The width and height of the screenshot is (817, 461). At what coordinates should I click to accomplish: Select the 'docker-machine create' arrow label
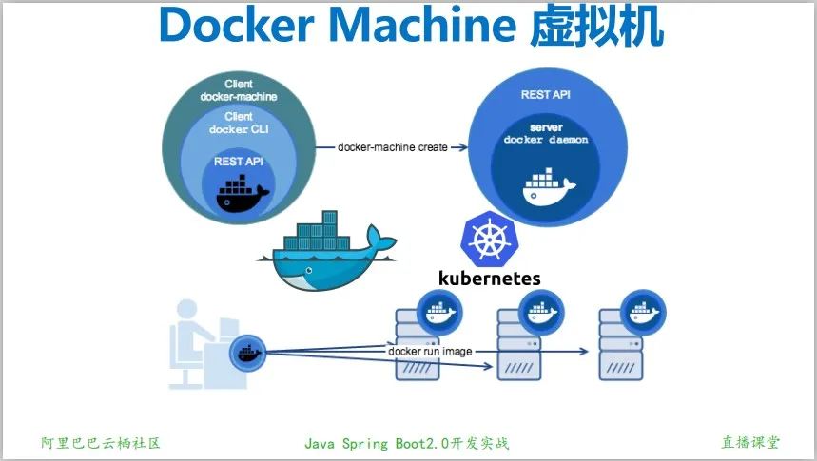click(x=393, y=147)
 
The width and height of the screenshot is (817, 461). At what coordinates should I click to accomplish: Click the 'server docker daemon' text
click(x=546, y=133)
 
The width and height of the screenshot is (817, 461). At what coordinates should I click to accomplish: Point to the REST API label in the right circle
click(x=546, y=95)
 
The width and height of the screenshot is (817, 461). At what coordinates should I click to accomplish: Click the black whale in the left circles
click(x=243, y=195)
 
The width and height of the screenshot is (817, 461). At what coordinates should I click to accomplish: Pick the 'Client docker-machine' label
click(x=239, y=90)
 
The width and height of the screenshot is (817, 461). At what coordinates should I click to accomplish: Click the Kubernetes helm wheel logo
click(x=488, y=238)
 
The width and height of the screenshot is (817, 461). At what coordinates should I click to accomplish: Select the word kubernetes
click(x=489, y=278)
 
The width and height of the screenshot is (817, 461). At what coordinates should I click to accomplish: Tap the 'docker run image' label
click(x=430, y=351)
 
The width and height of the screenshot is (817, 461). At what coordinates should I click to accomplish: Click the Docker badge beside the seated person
click(x=247, y=352)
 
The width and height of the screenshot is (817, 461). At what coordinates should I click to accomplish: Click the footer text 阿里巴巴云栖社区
click(x=100, y=443)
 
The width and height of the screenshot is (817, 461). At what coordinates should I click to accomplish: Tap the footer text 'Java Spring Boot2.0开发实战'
click(x=407, y=443)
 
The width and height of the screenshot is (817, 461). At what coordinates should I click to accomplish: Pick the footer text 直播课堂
click(x=750, y=442)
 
